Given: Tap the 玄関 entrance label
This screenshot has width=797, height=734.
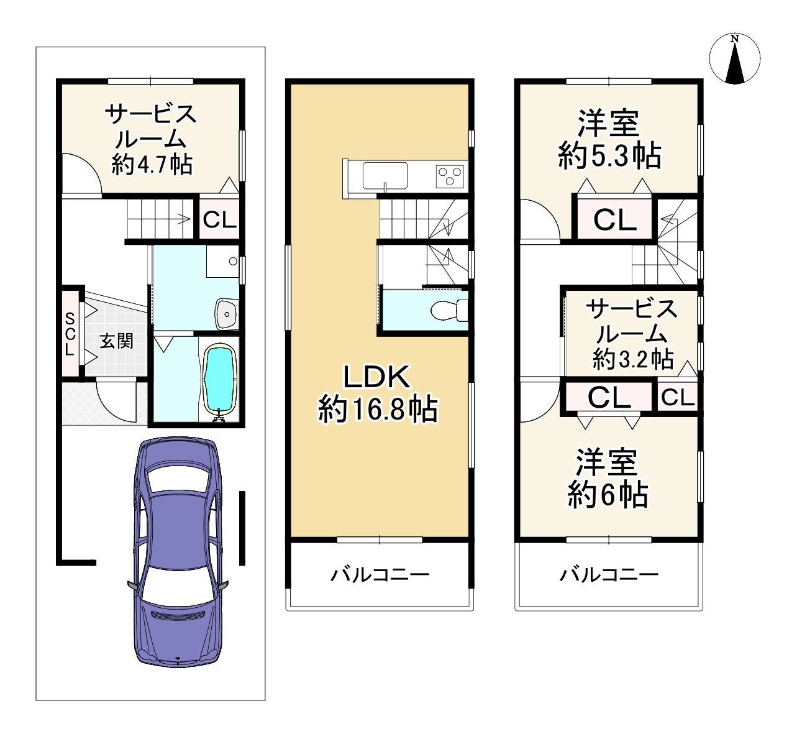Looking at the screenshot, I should pyautogui.click(x=116, y=341).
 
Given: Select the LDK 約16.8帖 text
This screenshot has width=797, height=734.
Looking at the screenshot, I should pyautogui.click(x=378, y=393).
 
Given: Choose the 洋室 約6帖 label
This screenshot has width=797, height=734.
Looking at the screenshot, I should pyautogui.click(x=608, y=478).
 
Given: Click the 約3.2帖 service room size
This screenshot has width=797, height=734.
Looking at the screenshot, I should pyautogui.click(x=633, y=359).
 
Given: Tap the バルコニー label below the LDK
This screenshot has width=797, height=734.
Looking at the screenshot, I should pyautogui.click(x=379, y=574).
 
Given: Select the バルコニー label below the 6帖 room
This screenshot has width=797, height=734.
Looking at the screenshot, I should pyautogui.click(x=609, y=574).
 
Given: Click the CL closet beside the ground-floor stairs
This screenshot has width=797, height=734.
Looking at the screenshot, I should pyautogui.click(x=220, y=219).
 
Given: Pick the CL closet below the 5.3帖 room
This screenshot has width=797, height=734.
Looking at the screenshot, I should pyautogui.click(x=614, y=219).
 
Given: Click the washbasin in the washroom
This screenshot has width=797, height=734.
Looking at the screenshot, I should pyautogui.click(x=226, y=313).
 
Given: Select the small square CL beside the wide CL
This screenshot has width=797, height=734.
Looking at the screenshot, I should pyautogui.click(x=677, y=397).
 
